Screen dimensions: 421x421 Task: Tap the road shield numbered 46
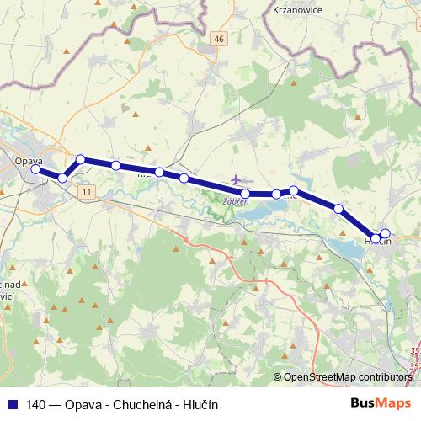[x=219, y=39]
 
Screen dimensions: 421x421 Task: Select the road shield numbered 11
[x=88, y=192]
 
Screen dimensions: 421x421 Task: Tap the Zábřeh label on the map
[x=235, y=202]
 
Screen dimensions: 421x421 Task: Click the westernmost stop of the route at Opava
[x=36, y=169]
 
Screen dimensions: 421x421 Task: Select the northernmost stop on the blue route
[x=81, y=159]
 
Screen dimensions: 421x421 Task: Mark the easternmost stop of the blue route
[x=386, y=233]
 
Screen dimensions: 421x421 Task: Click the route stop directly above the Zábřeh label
[x=244, y=194]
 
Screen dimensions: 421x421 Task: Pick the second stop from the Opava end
[x=62, y=178]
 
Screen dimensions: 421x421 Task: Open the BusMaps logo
[x=381, y=403]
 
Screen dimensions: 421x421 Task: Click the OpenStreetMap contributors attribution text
[x=347, y=376]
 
